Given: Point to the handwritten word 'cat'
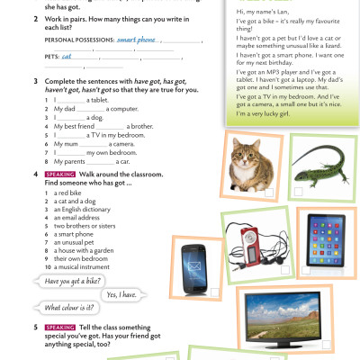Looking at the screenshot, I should (x=67, y=57).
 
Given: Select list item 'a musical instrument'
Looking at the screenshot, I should (x=86, y=265).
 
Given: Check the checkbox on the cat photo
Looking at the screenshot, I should (x=269, y=192).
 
